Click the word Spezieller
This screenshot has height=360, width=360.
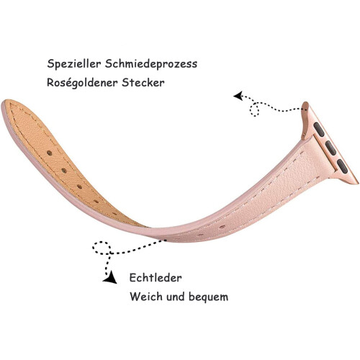73,64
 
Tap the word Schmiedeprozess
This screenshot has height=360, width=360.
151,63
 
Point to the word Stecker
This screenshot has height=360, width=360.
143,83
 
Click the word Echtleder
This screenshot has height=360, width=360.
156,278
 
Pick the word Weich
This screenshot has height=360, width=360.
145,297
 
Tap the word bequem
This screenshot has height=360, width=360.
208,297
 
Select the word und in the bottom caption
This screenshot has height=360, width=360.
175,297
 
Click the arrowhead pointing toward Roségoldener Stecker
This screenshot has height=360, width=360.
238,96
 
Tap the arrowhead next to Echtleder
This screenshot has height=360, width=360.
110,278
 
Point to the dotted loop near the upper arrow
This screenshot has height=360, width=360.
254,109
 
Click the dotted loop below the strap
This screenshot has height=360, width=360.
102,248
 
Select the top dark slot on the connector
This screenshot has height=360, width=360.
319,130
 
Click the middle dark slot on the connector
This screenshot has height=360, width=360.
330,148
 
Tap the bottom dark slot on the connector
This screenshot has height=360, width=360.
342,166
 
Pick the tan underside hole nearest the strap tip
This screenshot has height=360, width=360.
50,153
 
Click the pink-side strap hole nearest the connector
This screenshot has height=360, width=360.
222,227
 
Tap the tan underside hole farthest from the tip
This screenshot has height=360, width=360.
114,213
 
